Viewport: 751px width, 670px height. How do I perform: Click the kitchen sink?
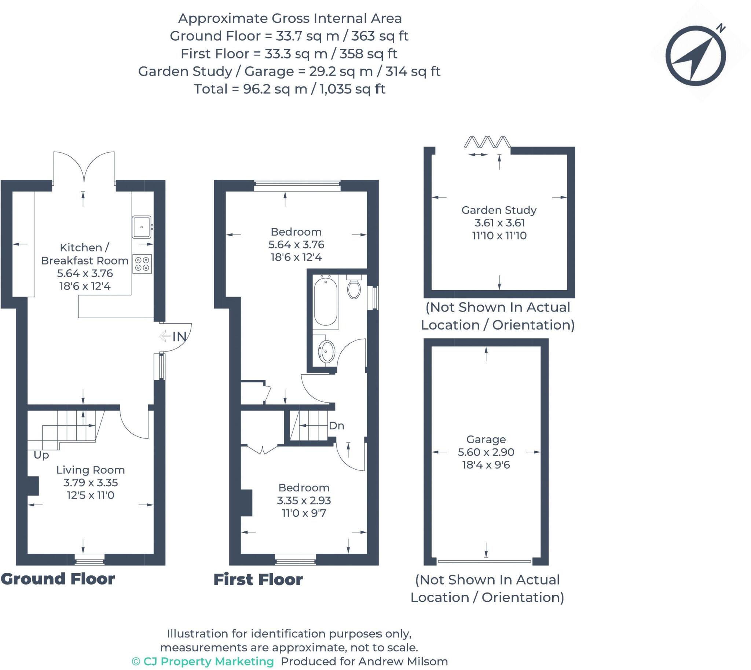[141, 227]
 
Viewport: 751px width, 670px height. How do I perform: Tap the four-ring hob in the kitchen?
[142, 264]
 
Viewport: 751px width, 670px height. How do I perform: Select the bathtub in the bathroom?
[325, 302]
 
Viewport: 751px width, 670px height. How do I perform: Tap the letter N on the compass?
[721, 28]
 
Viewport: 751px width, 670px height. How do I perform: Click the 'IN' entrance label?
[179, 336]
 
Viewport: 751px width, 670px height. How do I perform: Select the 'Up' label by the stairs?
[41, 455]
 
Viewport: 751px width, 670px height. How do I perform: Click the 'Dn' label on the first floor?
[336, 426]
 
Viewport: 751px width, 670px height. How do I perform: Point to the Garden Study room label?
[499, 210]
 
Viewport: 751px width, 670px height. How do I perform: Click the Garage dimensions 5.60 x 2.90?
[486, 452]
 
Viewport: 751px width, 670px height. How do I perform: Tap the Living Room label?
[91, 470]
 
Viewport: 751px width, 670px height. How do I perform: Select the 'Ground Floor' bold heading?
[58, 579]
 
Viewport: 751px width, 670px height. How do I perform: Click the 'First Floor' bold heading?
[258, 580]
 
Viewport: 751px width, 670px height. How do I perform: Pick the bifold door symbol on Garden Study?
[487, 142]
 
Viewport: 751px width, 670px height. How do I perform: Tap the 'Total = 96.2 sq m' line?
[289, 89]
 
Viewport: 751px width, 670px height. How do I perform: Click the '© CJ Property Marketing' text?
[203, 662]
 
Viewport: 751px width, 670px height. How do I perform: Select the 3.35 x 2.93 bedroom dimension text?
[304, 500]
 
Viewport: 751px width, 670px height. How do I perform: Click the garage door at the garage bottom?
[484, 561]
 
